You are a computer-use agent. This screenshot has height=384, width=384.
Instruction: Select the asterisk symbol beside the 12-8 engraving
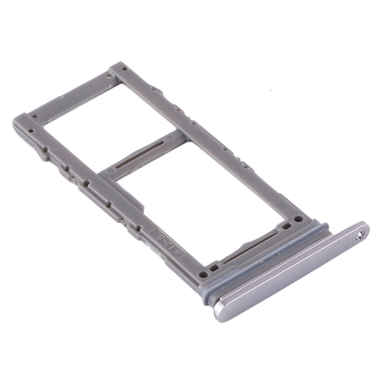177,251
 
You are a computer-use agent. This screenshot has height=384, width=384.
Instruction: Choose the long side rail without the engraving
215,138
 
